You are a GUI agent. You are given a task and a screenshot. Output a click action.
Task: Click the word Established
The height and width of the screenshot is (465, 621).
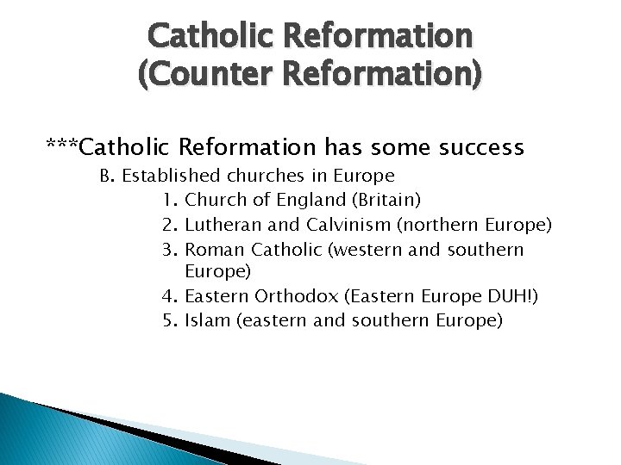coord(171,177)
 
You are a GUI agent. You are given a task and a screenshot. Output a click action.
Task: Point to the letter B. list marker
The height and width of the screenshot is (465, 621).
coord(108,177)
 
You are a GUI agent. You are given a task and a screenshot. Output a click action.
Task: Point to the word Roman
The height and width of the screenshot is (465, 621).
coord(216,249)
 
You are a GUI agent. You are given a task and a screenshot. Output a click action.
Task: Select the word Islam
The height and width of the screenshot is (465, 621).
coord(206,321)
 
